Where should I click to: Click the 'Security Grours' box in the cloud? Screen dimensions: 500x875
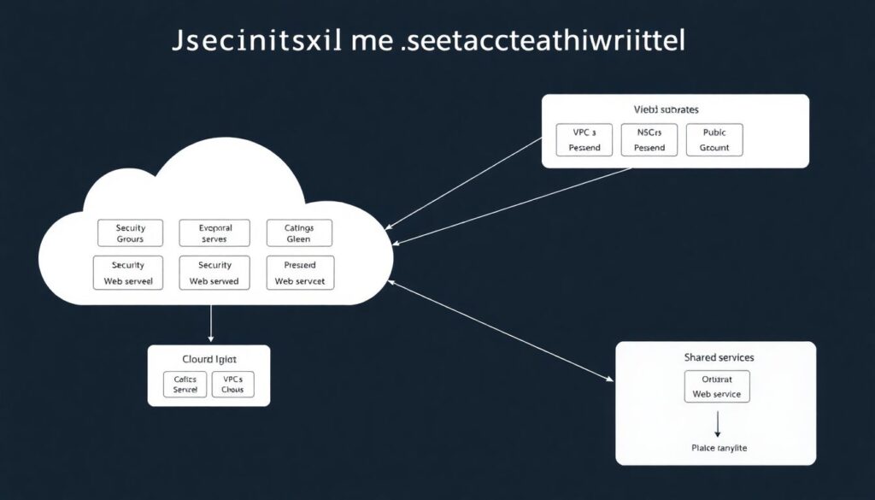[x=131, y=233]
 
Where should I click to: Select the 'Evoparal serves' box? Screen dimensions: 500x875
[x=214, y=233]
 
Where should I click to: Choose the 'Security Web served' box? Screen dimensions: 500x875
[x=214, y=273]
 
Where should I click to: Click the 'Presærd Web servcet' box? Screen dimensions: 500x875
[x=301, y=273]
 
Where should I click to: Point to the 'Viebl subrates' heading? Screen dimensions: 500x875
[x=666, y=109]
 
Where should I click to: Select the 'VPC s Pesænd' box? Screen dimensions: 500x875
[x=584, y=139]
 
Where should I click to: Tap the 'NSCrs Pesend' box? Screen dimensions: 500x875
[x=649, y=139]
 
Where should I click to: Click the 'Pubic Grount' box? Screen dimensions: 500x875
[x=714, y=139]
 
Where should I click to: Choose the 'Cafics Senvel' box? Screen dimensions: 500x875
[x=185, y=384]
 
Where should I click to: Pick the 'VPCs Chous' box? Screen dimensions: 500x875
[x=232, y=384]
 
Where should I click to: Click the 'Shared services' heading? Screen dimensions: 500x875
[x=718, y=356]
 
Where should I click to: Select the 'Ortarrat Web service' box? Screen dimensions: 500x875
[x=717, y=386]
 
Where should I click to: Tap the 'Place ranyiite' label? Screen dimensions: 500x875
[x=717, y=448]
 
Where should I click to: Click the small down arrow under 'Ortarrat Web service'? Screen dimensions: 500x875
[x=717, y=422]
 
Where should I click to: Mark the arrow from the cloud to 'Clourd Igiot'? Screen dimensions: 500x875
[x=210, y=325]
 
